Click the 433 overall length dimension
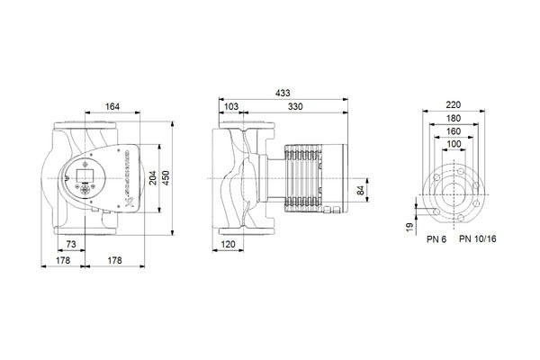coord(281,94)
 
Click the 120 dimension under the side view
coord(228,246)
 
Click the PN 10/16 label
coord(476,240)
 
